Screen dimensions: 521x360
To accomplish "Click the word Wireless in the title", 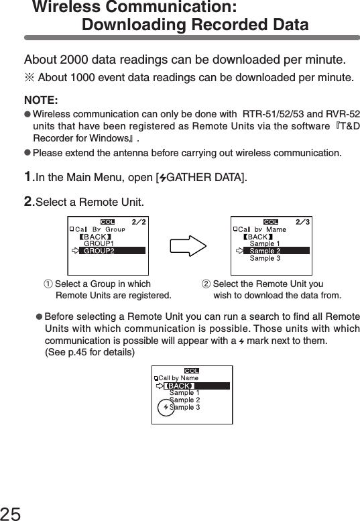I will pyautogui.click(x=63, y=8).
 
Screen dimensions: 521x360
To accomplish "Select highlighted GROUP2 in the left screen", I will pyautogui.click(x=99, y=251).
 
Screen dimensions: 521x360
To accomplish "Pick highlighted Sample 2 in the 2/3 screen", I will pyautogui.click(x=265, y=251).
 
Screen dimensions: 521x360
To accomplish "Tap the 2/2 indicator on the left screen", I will pyautogui.click(x=138, y=221).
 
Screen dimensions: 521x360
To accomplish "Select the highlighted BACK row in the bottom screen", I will pyautogui.click(x=179, y=386).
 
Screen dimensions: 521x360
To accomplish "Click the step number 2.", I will pyautogui.click(x=27, y=201).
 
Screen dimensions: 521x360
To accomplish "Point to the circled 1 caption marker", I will pyautogui.click(x=48, y=284).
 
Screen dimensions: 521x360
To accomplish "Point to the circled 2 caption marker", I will pyautogui.click(x=206, y=284).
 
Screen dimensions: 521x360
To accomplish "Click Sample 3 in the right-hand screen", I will pyautogui.click(x=265, y=258).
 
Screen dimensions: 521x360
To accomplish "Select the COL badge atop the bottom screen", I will pyautogui.click(x=192, y=370).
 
